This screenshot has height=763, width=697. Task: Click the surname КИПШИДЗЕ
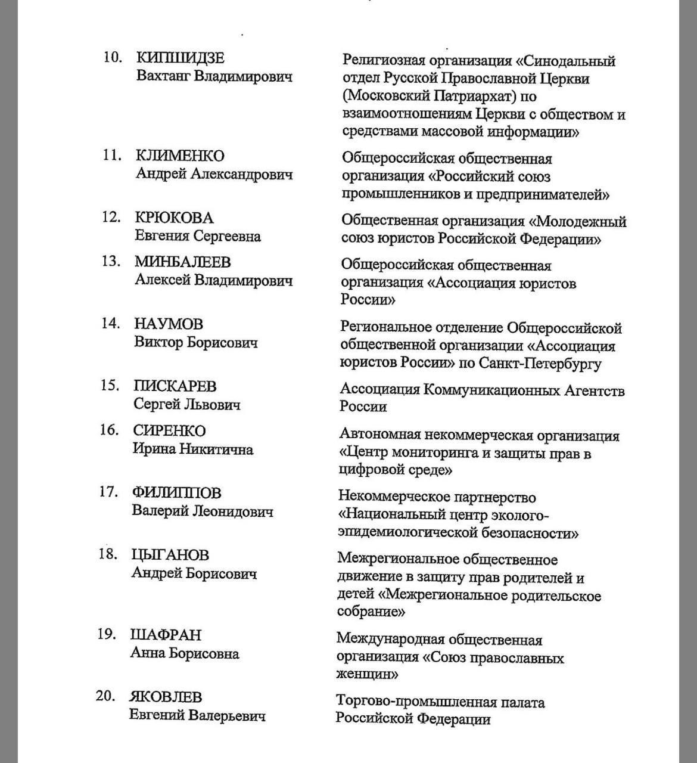(181, 58)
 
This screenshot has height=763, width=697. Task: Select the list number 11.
(112, 156)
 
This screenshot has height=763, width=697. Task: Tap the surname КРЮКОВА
(174, 218)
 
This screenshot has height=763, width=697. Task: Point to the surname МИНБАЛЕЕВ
(183, 262)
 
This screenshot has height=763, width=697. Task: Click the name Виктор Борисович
(196, 343)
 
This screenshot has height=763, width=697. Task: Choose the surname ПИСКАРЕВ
(175, 386)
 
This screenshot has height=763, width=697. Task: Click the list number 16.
(110, 430)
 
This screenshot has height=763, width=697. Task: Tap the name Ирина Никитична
(192, 449)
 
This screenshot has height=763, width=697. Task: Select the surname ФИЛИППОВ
(176, 493)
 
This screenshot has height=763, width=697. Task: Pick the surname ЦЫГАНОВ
(170, 555)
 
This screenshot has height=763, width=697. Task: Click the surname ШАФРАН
(166, 635)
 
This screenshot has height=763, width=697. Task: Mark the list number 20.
(105, 696)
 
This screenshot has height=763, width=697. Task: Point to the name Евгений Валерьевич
(197, 715)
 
